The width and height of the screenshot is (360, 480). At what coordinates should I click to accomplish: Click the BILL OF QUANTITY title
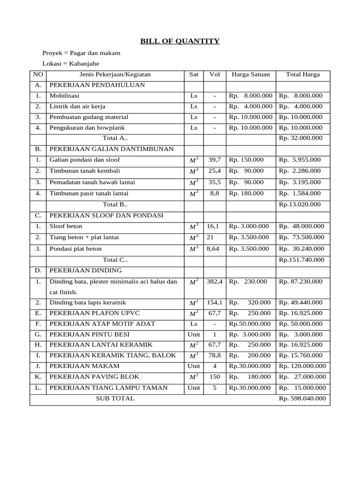[x=180, y=41]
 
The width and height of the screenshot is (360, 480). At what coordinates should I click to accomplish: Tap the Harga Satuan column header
[x=251, y=75]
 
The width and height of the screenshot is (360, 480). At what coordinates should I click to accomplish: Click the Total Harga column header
[x=303, y=75]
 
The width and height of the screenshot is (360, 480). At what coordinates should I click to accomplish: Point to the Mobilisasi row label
[x=65, y=96]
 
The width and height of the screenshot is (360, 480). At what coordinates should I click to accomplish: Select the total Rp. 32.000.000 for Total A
[x=300, y=138]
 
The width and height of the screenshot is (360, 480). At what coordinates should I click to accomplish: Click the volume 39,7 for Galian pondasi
[x=214, y=160]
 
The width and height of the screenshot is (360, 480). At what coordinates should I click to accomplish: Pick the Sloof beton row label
[x=66, y=226]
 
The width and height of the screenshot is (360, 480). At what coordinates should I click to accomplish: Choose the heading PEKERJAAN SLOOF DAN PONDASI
[x=106, y=215]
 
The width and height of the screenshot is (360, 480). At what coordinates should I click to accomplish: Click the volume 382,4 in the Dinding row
[x=215, y=282]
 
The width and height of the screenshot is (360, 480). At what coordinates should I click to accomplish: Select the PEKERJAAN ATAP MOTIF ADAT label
[x=102, y=324]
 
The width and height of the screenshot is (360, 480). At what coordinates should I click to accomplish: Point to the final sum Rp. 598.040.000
[x=302, y=398]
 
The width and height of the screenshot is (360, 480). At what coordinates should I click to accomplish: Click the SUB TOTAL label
[x=115, y=398]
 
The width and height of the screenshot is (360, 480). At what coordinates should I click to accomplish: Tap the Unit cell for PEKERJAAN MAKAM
[x=194, y=366]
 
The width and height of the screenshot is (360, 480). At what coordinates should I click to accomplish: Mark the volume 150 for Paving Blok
[x=215, y=377]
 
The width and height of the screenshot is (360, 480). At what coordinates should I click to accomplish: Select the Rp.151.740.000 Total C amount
[x=301, y=260]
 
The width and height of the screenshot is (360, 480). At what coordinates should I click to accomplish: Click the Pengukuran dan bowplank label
[x=87, y=127]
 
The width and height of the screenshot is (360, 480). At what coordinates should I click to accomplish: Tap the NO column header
[x=37, y=75]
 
